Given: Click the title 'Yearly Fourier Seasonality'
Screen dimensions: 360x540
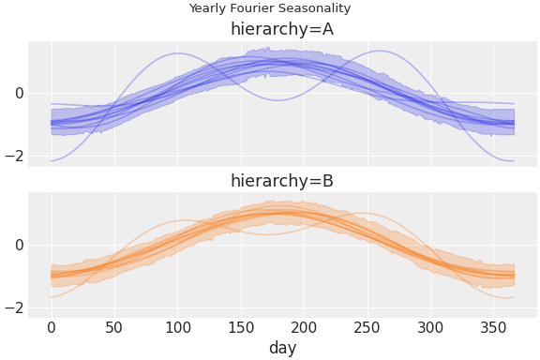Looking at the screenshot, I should click(270, 8).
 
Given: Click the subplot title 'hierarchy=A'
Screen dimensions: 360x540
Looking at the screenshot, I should click(282, 29).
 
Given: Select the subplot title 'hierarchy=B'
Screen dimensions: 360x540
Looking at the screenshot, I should click(282, 181).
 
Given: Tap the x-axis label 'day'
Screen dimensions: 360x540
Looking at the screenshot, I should click(282, 348).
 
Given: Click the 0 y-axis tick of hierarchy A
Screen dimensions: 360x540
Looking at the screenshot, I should click(19, 93).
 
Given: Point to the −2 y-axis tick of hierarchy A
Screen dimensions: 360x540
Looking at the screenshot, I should click(14, 156).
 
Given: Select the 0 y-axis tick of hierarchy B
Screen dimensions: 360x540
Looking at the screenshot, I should click(19, 245).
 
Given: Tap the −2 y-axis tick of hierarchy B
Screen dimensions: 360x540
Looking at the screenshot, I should click(14, 307).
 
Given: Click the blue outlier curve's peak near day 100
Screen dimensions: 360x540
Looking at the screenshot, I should click(178, 53).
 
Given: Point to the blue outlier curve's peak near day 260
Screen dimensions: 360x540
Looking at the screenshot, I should click(380, 51).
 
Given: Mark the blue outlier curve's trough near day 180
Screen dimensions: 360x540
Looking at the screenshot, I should click(277, 100).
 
